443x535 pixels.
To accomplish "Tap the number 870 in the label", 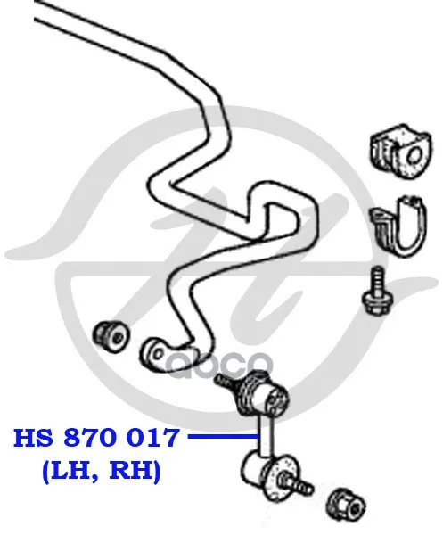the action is tap(90, 438).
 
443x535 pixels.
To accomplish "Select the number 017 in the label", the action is tap(152, 438).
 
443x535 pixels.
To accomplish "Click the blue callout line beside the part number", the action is tap(224, 436).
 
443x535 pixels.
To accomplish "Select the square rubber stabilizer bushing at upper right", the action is tap(400, 152).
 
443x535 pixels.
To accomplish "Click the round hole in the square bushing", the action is tap(414, 156).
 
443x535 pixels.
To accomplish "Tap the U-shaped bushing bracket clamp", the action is tap(398, 226).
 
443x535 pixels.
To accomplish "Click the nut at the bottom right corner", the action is tap(345, 504).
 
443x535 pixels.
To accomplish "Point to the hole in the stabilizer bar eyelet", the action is tap(157, 353).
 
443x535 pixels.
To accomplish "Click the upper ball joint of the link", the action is tap(263, 395).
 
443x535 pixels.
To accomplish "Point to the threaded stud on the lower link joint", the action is tap(296, 484).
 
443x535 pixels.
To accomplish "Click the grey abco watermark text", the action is tap(218, 365).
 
